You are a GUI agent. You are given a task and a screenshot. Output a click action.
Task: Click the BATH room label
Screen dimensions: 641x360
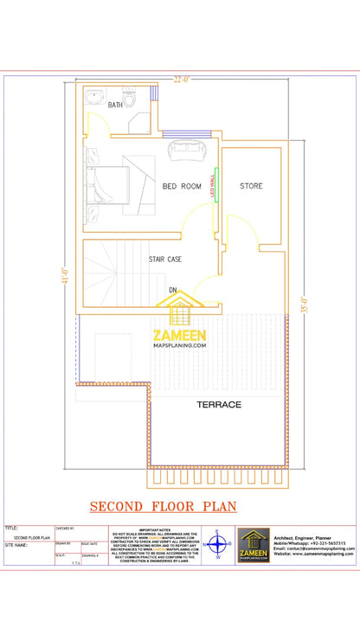pyautogui.click(x=115, y=106)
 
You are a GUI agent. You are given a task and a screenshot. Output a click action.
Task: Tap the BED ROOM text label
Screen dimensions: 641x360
pyautogui.click(x=182, y=186)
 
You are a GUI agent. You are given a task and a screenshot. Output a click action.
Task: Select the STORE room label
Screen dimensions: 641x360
pyautogui.click(x=251, y=186)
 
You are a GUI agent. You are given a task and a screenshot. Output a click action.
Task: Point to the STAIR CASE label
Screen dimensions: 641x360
pyautogui.click(x=164, y=259)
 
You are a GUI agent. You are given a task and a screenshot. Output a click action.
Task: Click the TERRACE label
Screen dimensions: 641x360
pyautogui.click(x=218, y=404)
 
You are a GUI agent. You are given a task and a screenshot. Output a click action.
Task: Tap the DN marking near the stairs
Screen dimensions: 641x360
pyautogui.click(x=173, y=290)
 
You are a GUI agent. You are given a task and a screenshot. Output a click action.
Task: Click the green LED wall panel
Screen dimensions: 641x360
pyautogui.click(x=216, y=185)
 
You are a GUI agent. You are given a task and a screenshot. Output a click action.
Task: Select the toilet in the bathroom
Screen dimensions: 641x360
pyautogui.click(x=130, y=99)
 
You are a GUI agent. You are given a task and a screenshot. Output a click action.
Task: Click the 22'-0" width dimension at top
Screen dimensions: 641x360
pyautogui.click(x=182, y=80)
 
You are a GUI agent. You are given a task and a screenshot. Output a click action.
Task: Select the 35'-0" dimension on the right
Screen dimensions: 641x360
pyautogui.click(x=302, y=304)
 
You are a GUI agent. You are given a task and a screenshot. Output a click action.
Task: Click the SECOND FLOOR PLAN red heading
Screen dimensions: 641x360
pyautogui.click(x=164, y=505)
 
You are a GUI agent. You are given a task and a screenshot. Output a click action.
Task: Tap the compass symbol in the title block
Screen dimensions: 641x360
pyautogui.click(x=217, y=545)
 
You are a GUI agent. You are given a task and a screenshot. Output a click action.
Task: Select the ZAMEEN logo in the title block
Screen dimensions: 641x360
pyautogui.click(x=254, y=545)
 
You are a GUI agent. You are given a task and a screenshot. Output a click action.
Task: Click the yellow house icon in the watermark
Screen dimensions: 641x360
pyautogui.click(x=178, y=311)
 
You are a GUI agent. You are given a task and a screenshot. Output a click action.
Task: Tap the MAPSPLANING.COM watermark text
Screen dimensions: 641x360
pyautogui.click(x=180, y=345)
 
